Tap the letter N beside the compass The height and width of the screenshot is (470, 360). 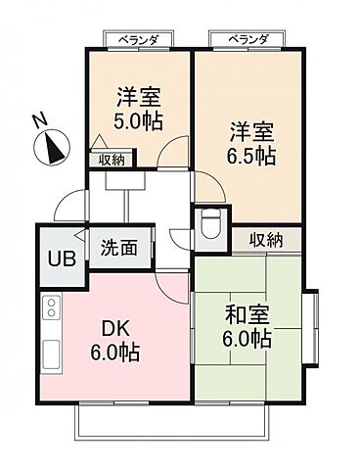tap(38, 121)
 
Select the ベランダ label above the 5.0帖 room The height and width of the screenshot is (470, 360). tap(139, 39)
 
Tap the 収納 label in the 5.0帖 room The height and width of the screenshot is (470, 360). tap(111, 159)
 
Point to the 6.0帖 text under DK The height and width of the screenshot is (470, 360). tap(115, 352)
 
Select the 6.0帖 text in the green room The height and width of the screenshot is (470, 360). tap(245, 340)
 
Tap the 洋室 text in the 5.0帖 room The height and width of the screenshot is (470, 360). tap(139, 96)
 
